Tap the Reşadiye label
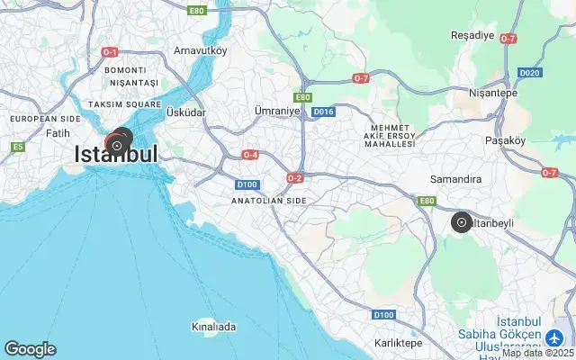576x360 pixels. point(472,36)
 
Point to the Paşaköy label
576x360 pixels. point(505,140)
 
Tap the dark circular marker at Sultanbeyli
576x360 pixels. point(461,221)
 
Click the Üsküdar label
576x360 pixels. point(186,112)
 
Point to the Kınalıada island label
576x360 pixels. point(214,326)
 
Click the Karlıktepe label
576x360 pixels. point(399,343)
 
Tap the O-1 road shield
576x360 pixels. point(111,52)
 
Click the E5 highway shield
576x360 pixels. point(17,146)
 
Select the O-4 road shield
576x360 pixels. point(251,155)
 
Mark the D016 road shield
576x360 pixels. point(323,112)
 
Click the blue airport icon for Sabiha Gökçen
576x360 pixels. point(556,337)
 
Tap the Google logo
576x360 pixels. point(30,349)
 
